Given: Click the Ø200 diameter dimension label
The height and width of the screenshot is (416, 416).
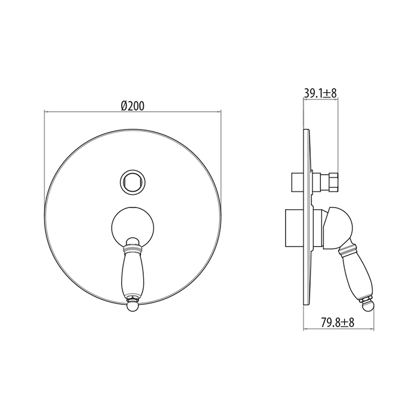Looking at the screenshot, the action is tap(133, 106).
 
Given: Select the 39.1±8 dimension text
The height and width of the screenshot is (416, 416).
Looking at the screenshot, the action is tap(320, 93).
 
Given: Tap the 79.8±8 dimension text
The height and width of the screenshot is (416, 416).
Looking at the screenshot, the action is tap(338, 323).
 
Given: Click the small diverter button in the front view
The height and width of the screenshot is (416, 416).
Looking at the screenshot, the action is tap(133, 182).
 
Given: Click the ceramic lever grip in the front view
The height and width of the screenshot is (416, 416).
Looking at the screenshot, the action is tap(133, 274).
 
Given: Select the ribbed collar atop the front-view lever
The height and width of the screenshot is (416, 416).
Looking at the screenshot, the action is tap(133, 248).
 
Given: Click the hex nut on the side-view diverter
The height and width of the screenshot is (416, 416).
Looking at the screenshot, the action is tap(333, 182).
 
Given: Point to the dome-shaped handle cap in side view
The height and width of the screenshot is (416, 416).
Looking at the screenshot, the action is tap(338, 228).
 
